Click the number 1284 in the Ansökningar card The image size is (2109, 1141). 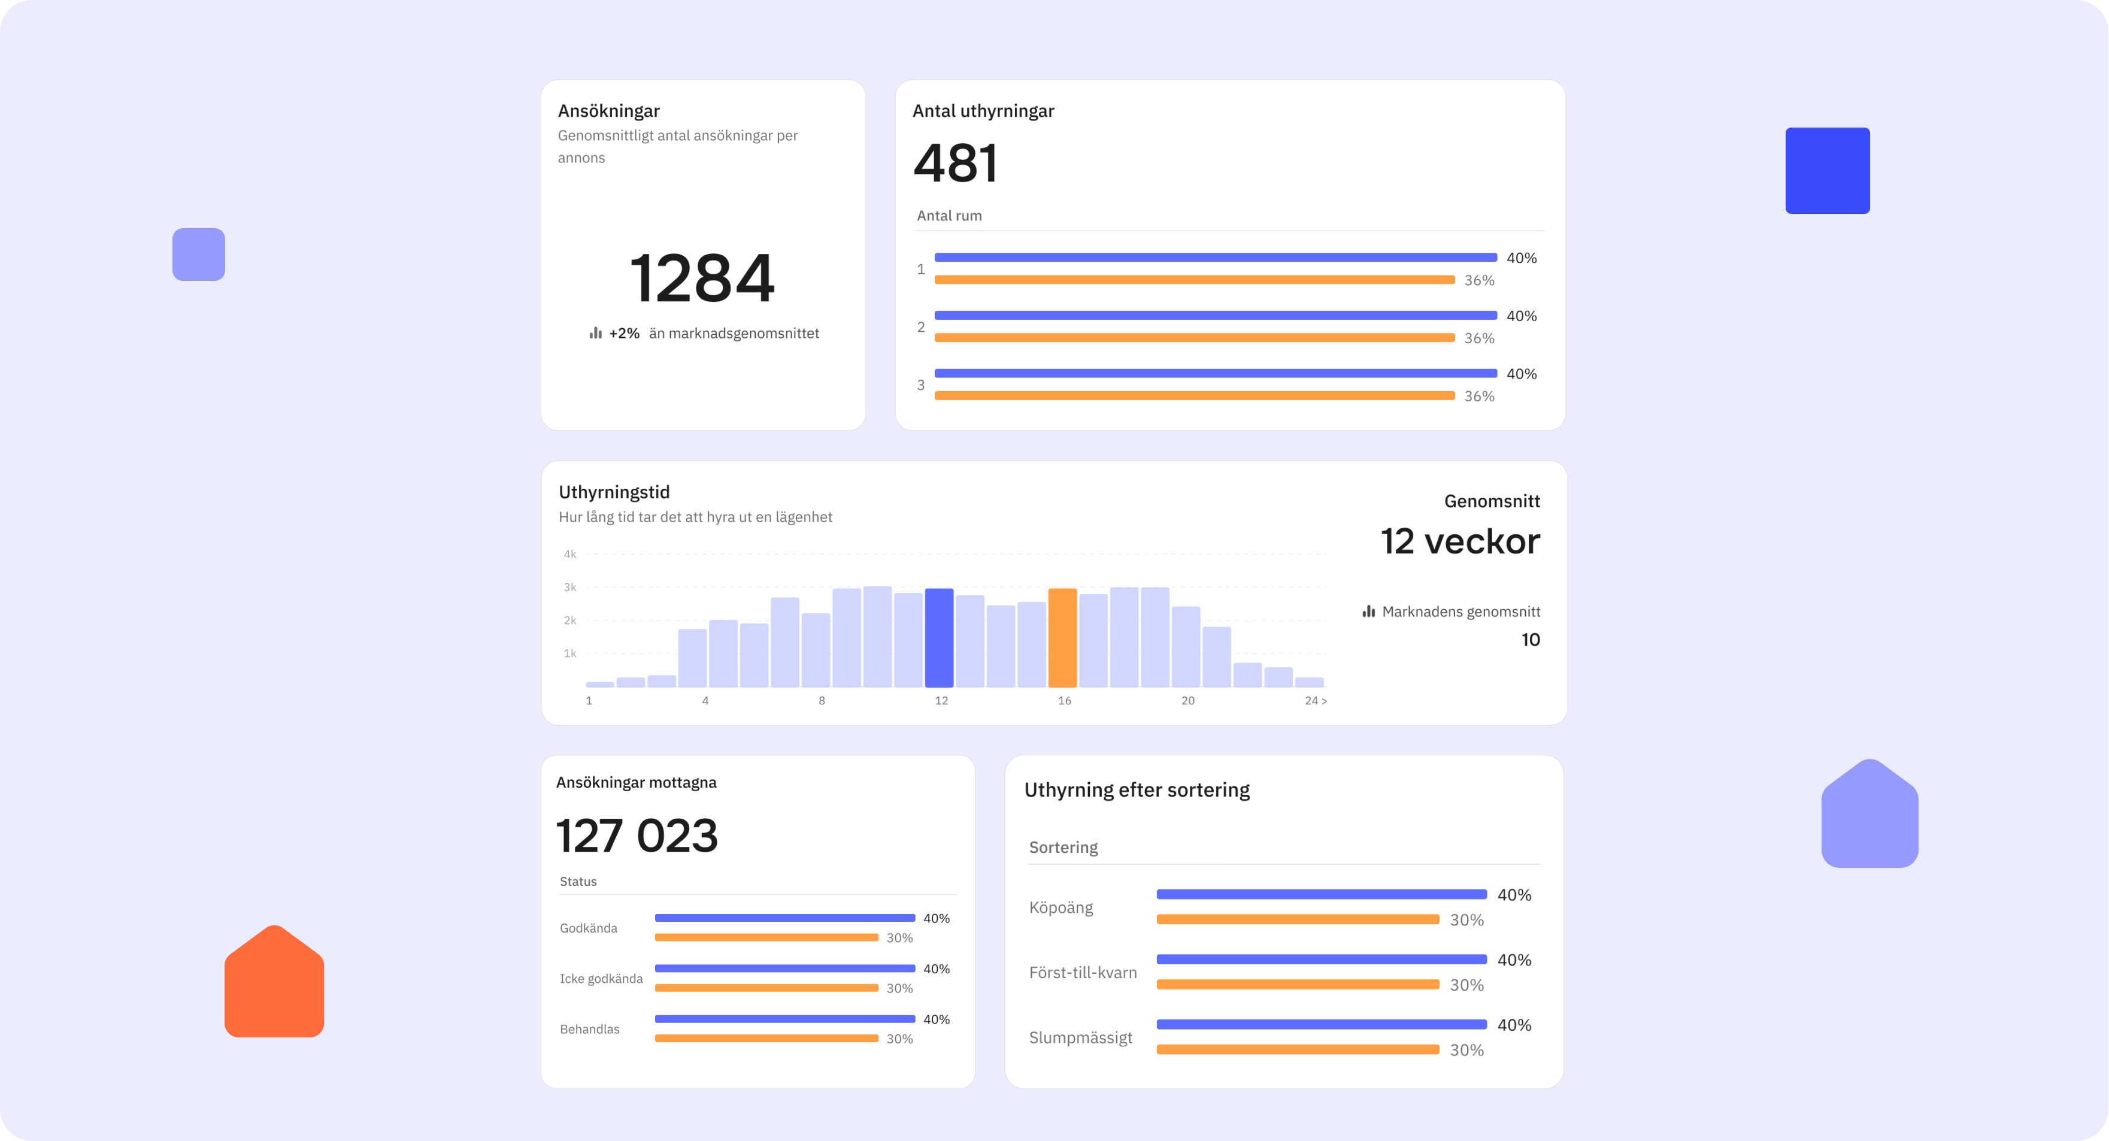pyautogui.click(x=702, y=279)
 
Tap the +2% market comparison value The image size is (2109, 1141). pyautogui.click(x=624, y=334)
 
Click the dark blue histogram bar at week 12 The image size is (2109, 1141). pyautogui.click(x=939, y=637)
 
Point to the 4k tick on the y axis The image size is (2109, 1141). pyautogui.click(x=570, y=555)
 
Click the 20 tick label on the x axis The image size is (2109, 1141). pyautogui.click(x=1187, y=700)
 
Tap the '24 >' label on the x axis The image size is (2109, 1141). pyautogui.click(x=1316, y=700)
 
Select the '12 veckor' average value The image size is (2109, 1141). pyautogui.click(x=1460, y=541)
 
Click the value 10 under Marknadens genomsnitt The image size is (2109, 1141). pyautogui.click(x=1530, y=640)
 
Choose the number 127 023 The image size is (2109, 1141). pyautogui.click(x=637, y=836)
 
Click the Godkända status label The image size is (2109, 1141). pyautogui.click(x=589, y=928)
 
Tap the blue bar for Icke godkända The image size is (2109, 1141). pyautogui.click(x=784, y=968)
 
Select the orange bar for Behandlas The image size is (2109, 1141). pyautogui.click(x=766, y=1039)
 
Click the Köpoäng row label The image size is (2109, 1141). pyautogui.click(x=1061, y=907)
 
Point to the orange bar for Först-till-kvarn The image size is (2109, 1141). pyautogui.click(x=1298, y=985)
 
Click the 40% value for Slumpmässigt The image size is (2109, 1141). pyautogui.click(x=1514, y=1025)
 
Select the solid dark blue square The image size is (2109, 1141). pyautogui.click(x=1828, y=170)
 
